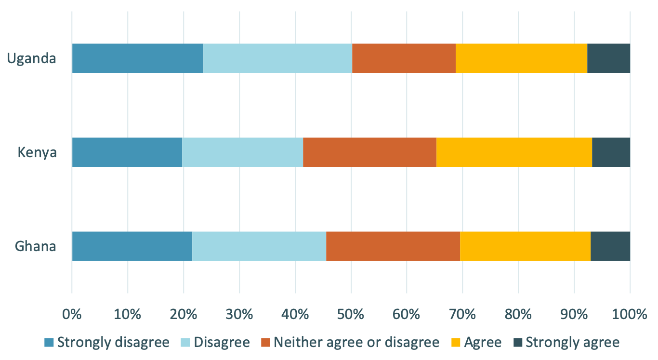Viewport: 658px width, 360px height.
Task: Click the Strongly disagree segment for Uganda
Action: (x=137, y=58)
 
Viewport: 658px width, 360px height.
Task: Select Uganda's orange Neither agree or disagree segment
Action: (x=404, y=58)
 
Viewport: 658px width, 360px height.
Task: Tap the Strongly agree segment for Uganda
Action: (x=608, y=58)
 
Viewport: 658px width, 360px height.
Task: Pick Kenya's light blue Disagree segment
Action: (x=242, y=152)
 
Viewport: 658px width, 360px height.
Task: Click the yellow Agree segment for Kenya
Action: (x=514, y=152)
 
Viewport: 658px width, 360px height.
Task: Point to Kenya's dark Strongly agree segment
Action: (x=611, y=152)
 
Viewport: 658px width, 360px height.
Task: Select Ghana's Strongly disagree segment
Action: (x=132, y=246)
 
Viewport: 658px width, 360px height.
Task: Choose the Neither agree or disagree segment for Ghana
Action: (x=393, y=246)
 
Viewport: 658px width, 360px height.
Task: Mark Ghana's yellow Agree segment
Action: (x=525, y=246)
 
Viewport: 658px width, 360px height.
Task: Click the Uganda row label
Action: (x=32, y=59)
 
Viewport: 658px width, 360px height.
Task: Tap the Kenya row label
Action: (x=37, y=153)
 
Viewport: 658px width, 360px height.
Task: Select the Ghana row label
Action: (x=36, y=247)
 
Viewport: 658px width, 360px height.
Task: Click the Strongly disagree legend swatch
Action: (x=49, y=343)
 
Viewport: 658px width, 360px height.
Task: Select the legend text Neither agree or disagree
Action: (x=356, y=343)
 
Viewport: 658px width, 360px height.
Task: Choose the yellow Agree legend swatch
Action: (x=456, y=343)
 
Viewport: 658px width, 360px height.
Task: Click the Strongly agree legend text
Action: (x=572, y=343)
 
